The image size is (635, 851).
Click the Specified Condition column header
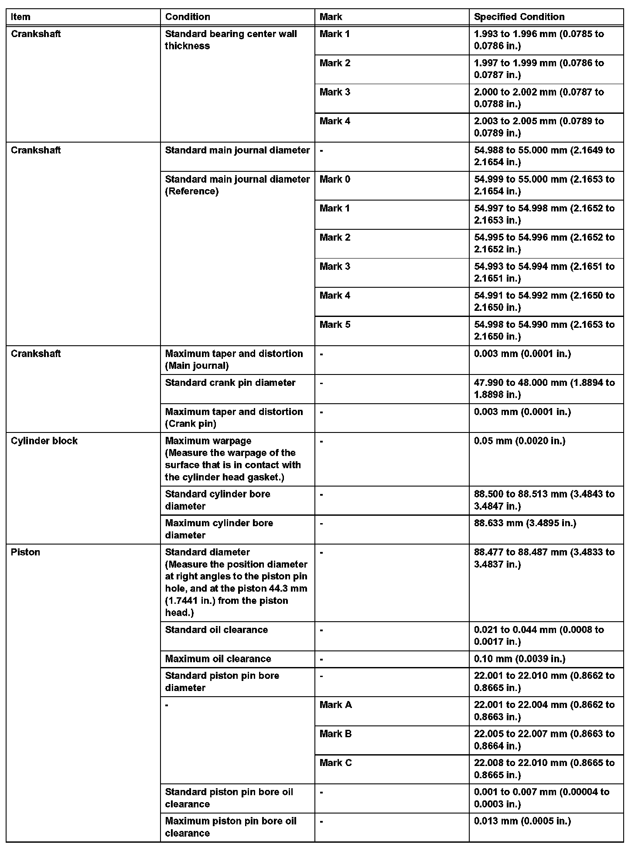coord(519,17)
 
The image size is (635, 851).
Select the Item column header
coord(20,17)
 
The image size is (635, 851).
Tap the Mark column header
coord(331,17)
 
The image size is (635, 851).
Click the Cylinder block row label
coord(44,441)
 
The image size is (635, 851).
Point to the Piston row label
coord(25,552)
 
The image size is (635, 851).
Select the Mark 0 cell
coord(335,179)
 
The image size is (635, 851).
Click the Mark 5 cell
coord(335,325)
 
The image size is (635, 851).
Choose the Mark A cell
coord(335,705)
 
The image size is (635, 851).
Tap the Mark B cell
coord(335,734)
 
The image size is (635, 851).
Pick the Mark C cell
coord(335,763)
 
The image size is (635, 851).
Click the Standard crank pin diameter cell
coord(230,383)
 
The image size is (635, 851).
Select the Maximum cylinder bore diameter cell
coord(219,529)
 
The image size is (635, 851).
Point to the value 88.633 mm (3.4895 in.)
coord(525,523)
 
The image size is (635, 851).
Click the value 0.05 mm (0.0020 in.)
coord(519,441)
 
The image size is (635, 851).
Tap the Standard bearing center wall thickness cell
coord(231,40)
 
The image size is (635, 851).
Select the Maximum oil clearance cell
coord(218,659)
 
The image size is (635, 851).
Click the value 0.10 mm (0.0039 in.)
coord(519,659)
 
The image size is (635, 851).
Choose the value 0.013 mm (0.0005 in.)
coord(522,821)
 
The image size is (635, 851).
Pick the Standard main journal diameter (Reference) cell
coord(237,185)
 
